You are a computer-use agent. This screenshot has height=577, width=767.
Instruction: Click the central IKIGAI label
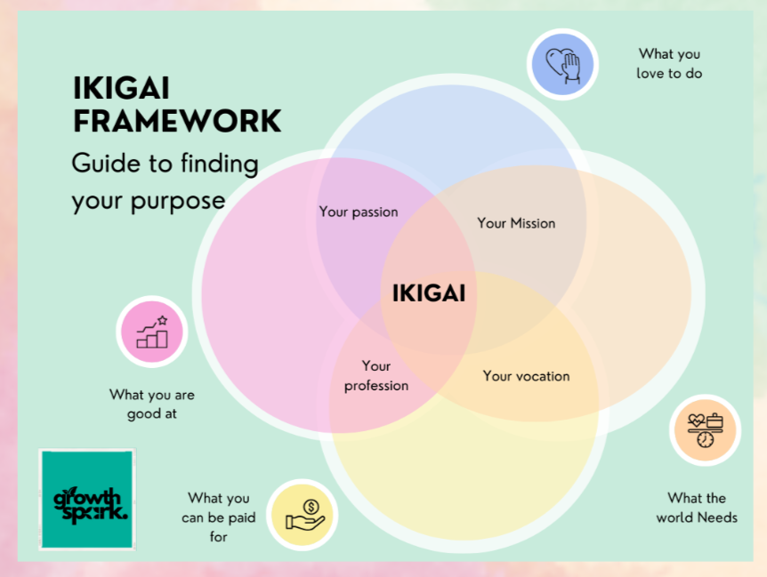(429, 293)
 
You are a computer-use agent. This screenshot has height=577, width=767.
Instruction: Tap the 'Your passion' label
(359, 212)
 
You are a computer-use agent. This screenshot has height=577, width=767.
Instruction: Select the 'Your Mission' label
(516, 223)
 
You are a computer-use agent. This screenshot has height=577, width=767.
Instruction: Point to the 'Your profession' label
(376, 375)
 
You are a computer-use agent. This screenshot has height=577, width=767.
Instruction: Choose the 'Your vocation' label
(526, 376)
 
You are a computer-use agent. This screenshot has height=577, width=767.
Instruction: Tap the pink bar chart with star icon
(152, 332)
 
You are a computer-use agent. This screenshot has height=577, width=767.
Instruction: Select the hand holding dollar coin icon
(302, 515)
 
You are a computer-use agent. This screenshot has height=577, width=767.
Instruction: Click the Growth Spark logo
(87, 499)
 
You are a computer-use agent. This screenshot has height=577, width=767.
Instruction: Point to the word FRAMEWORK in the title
(177, 121)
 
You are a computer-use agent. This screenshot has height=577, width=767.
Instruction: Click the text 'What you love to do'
(669, 64)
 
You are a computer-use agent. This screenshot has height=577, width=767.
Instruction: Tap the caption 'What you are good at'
(152, 404)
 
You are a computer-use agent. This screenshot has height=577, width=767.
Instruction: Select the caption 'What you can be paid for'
(219, 517)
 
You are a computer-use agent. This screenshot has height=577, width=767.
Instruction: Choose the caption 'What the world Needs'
(697, 508)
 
